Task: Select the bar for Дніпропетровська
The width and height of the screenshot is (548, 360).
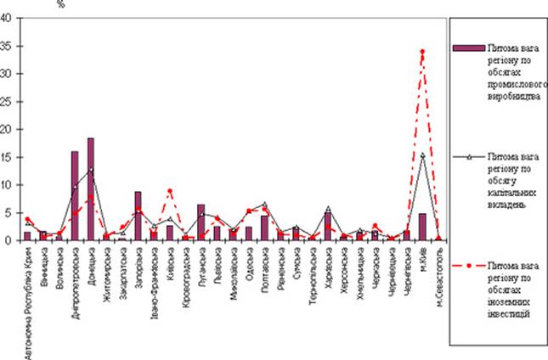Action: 75,195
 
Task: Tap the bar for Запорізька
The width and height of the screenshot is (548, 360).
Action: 138,216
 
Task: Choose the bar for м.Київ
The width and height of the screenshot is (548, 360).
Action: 422,226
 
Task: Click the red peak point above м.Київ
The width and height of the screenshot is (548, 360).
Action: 422,52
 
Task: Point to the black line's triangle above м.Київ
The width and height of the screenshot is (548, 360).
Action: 422,155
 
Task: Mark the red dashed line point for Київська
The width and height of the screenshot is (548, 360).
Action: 170,191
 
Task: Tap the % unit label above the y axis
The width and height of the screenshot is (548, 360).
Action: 60,4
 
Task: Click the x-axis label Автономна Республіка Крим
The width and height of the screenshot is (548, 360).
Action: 28,301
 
